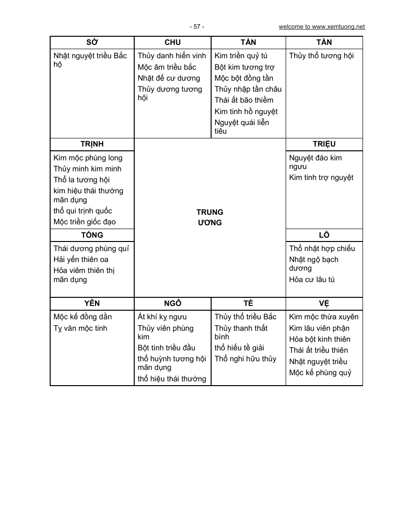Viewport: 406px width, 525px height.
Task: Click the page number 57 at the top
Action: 196,27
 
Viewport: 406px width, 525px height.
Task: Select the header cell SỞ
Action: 92,42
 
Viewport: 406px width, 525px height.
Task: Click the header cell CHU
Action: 172,42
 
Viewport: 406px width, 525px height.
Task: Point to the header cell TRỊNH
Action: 92,144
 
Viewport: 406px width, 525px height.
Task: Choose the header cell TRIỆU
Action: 324,144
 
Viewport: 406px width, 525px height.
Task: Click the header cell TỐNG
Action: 92,235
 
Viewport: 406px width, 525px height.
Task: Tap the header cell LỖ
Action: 324,235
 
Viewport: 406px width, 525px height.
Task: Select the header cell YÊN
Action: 92,303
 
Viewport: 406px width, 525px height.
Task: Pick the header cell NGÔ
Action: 172,303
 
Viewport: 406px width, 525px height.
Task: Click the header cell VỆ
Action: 324,303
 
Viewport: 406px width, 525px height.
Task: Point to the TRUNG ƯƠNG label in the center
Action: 210,217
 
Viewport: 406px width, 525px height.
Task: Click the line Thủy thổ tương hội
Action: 321,56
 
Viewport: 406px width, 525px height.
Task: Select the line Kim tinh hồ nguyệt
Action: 246,112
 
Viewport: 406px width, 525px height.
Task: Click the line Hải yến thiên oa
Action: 81,260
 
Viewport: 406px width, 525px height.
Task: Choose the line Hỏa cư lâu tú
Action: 312,279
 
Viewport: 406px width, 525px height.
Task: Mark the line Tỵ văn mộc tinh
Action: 80,328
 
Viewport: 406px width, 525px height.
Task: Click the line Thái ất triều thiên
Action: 319,350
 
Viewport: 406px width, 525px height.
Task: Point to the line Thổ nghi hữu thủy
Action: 246,359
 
